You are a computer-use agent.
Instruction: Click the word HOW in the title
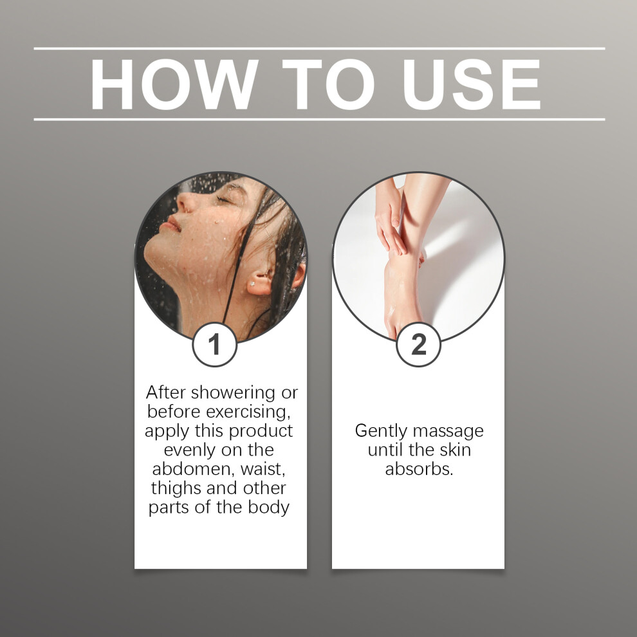[174, 84]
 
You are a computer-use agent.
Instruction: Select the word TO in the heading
[328, 84]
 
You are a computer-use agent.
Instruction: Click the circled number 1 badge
[214, 344]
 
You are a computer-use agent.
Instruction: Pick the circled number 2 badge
[418, 344]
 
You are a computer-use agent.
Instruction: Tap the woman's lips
[171, 225]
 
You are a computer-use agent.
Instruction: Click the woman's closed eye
[225, 199]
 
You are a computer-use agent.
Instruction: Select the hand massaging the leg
[390, 219]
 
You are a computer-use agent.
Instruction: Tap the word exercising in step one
[248, 412]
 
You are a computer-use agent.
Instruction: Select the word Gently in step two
[380, 431]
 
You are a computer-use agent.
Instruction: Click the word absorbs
[419, 469]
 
